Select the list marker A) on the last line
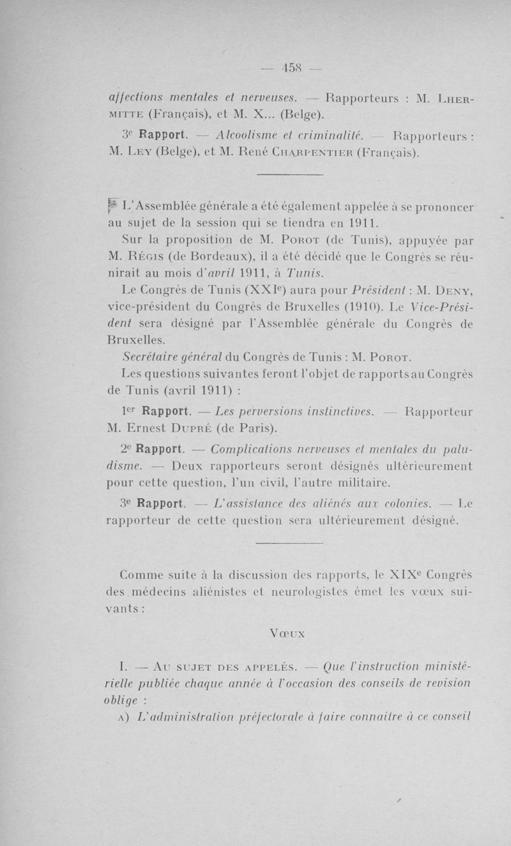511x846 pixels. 125,716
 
